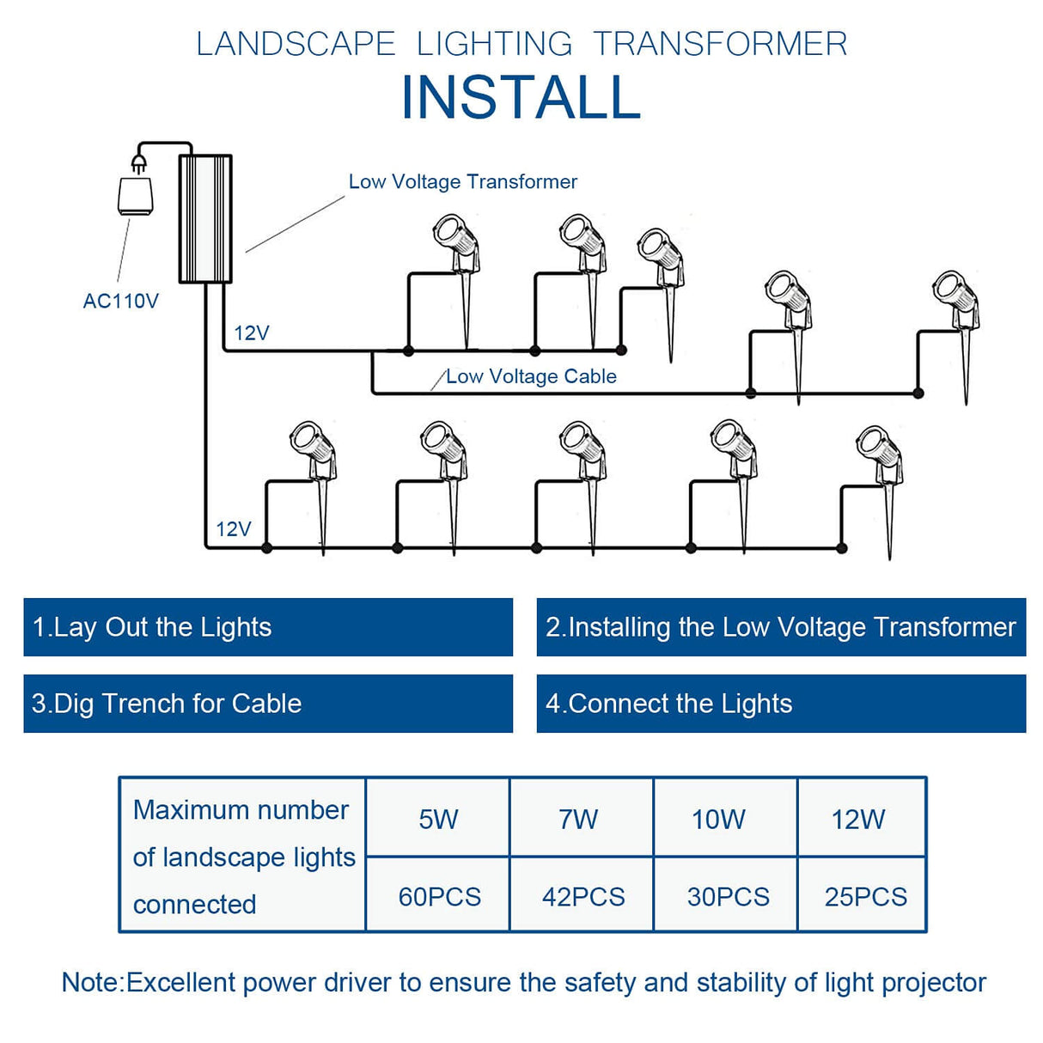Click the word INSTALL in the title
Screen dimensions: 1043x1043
point(521,97)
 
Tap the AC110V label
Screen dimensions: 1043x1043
point(120,302)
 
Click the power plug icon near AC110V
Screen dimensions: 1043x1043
point(136,189)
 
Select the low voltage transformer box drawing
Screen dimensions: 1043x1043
point(205,219)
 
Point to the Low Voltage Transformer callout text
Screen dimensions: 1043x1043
point(462,182)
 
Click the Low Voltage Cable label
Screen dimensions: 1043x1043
point(531,376)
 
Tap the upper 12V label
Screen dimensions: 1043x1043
point(252,333)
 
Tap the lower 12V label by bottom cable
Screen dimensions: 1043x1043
point(234,529)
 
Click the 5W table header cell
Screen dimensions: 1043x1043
point(438,819)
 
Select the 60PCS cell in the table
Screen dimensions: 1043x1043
point(439,897)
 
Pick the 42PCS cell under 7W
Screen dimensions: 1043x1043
point(583,897)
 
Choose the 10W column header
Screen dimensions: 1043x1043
point(718,819)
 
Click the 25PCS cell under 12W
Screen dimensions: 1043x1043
point(865,897)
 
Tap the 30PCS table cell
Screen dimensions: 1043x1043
point(728,897)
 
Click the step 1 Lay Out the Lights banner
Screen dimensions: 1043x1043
point(268,627)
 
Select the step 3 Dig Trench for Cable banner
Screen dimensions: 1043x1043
point(268,704)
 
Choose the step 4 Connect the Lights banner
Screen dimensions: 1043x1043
point(781,704)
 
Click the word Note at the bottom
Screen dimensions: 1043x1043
point(91,982)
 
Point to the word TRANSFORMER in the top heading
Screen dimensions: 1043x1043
point(720,44)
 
